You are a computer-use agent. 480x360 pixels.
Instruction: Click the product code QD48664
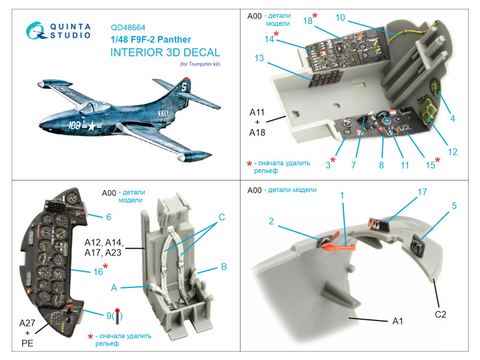click(128, 27)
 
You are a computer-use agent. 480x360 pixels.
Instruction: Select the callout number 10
click(340, 18)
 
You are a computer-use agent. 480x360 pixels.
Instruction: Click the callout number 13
click(259, 58)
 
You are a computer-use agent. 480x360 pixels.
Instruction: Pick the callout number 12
click(452, 152)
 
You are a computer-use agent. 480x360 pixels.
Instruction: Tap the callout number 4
click(452, 118)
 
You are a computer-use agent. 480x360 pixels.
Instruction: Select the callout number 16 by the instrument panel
click(98, 272)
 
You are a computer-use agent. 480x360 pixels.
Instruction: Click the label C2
click(441, 313)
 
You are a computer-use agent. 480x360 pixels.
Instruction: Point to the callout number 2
click(271, 221)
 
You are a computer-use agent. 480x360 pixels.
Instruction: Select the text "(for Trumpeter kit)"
click(200, 64)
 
